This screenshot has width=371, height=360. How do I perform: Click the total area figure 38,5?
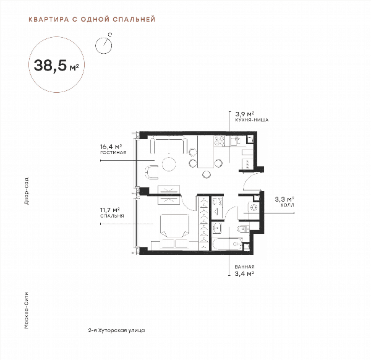(50, 65)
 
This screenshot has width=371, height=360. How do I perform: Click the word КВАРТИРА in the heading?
(49, 19)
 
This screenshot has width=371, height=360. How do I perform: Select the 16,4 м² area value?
(111, 147)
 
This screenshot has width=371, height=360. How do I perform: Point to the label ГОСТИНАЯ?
(113, 153)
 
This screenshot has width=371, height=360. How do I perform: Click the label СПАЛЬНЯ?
(112, 216)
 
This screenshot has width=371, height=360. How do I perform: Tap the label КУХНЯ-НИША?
(252, 120)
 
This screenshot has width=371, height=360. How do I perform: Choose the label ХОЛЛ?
(288, 205)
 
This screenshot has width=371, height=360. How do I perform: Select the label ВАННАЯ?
(244, 267)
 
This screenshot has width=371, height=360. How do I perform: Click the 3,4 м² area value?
(244, 273)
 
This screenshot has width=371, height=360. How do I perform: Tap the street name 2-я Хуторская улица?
(116, 330)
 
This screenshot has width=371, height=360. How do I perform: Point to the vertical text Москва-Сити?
(27, 311)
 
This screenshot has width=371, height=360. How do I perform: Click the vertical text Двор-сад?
(27, 191)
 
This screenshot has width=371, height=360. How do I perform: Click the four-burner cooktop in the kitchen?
(220, 141)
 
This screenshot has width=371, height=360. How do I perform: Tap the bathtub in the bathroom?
(228, 244)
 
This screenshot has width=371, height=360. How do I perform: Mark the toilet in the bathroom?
(243, 228)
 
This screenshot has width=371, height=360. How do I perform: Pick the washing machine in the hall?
(254, 207)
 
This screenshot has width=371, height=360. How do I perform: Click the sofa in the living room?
(168, 145)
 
